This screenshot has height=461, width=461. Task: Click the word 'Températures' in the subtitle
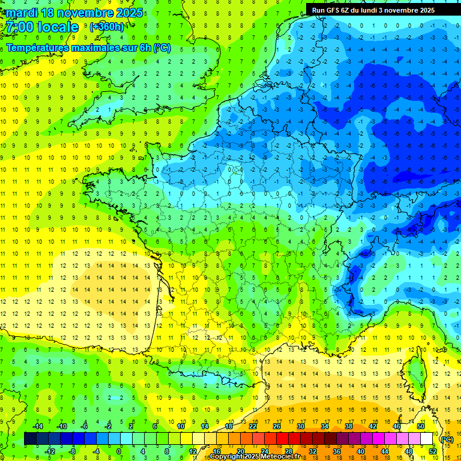pos(38,47)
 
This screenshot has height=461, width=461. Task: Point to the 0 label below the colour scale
pos(119,451)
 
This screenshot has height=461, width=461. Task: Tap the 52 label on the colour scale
pos(433,451)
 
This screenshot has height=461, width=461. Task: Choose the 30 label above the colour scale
pos(300,426)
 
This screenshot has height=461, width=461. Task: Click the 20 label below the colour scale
pos(240,451)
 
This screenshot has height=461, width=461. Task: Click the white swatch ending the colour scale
pos(427,439)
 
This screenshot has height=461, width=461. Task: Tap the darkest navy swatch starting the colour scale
pos(30,439)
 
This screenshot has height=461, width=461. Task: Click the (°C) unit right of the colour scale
pos(447,439)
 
